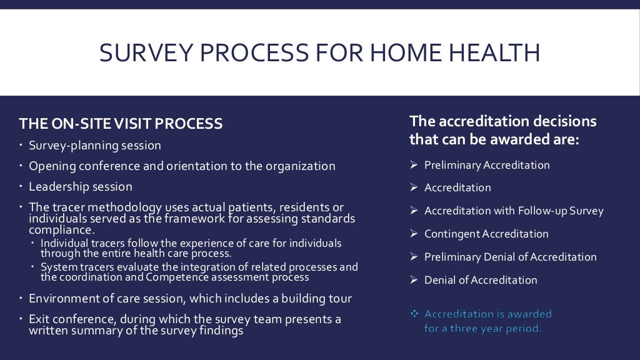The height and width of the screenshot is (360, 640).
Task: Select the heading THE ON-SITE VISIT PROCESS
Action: pyautogui.click(x=121, y=124)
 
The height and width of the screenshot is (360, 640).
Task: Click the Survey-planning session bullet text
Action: pyautogui.click(x=95, y=146)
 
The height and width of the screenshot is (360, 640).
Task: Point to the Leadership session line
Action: pyautogui.click(x=81, y=187)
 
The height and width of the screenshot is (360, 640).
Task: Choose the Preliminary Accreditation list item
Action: pyautogui.click(x=487, y=166)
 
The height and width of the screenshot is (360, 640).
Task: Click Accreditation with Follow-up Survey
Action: pyautogui.click(x=514, y=211)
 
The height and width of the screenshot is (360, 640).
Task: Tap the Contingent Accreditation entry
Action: pyautogui.click(x=486, y=234)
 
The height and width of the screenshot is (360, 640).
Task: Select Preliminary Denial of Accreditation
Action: pyautogui.click(x=510, y=257)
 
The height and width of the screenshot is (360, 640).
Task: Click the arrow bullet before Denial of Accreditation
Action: pyautogui.click(x=413, y=280)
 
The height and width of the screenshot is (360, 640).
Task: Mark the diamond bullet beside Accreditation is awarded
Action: pyautogui.click(x=413, y=314)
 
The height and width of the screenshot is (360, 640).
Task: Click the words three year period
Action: pyautogui.click(x=492, y=328)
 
